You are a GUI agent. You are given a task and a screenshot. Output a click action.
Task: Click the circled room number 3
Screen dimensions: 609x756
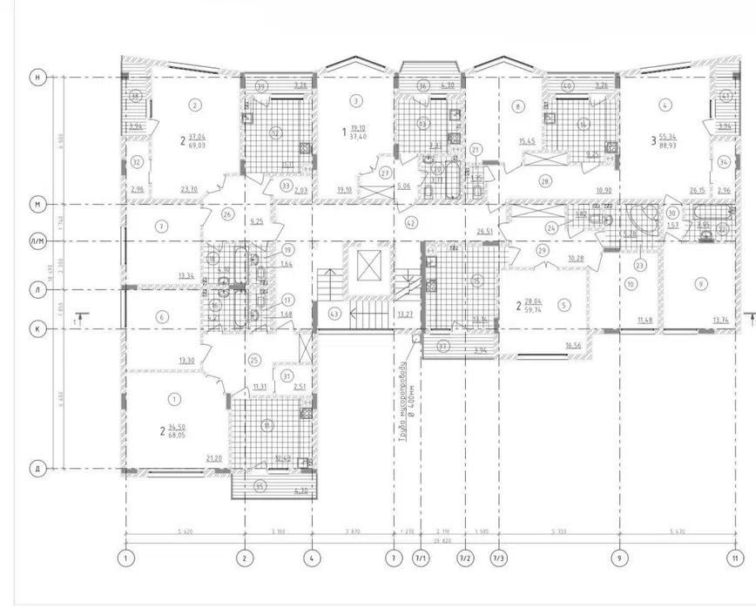click(x=356, y=101)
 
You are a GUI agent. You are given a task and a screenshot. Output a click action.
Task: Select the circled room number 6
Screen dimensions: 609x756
click(x=162, y=317)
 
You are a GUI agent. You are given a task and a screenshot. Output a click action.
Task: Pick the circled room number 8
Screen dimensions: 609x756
click(x=518, y=107)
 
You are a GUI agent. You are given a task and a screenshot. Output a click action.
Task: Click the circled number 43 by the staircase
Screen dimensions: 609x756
click(x=334, y=313)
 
